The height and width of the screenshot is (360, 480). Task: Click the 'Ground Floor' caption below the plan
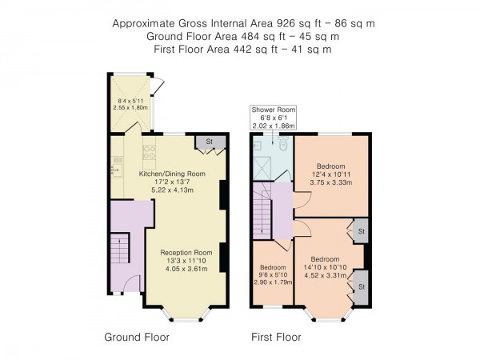coord(137,337)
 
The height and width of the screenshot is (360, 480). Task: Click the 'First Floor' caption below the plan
coord(277,337)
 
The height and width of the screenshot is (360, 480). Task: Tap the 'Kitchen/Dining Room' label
coord(172,174)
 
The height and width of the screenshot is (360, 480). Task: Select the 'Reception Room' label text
coord(186,250)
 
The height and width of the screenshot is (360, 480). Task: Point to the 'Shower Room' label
coord(274,109)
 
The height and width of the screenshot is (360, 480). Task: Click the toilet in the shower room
coord(282,145)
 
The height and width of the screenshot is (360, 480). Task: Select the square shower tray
coord(262,166)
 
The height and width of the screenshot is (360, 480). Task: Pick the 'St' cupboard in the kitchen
coord(210,143)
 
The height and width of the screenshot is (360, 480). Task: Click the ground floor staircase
coord(119,250)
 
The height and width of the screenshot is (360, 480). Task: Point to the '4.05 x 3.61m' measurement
coord(186,269)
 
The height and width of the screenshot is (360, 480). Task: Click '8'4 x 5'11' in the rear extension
coord(128,101)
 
